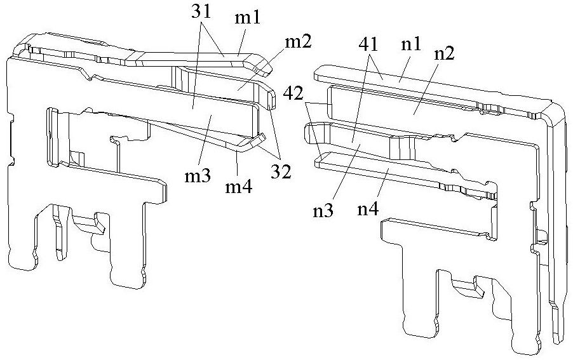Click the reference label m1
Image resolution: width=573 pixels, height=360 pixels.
(247, 18)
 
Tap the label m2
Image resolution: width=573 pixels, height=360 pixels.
(298, 42)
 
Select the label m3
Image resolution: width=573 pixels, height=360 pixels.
(198, 176)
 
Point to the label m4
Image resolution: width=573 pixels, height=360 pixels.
(238, 187)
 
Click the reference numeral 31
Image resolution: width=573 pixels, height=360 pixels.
(201, 12)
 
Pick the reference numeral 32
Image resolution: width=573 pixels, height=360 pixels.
(281, 171)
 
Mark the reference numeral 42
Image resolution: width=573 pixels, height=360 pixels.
(293, 94)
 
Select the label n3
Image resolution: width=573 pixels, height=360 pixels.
(323, 211)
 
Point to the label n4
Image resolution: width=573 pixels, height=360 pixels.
(368, 210)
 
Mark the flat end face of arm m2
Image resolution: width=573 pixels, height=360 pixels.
(273, 100)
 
